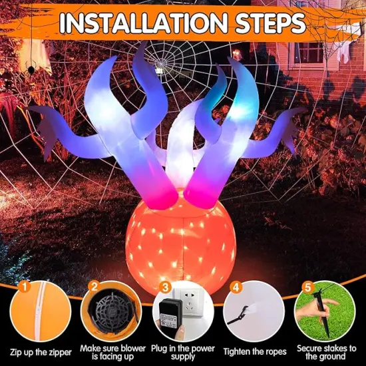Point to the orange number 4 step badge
click(x=234, y=287)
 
